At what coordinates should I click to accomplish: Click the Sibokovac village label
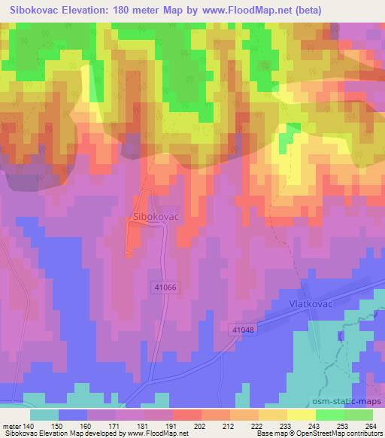(154, 216)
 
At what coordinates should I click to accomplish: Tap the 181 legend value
(132, 424)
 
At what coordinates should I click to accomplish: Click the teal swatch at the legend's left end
(44, 414)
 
